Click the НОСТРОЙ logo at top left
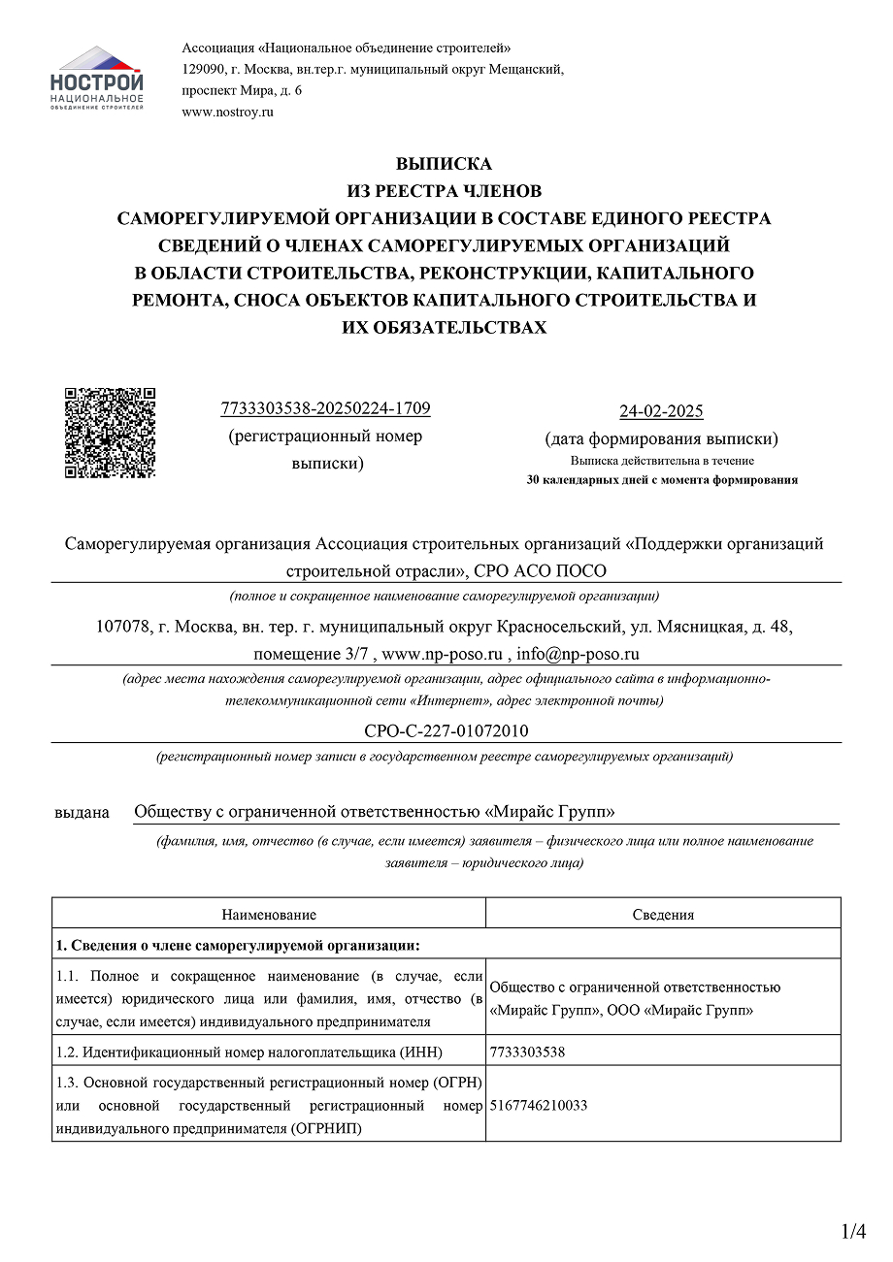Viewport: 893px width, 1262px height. [96, 78]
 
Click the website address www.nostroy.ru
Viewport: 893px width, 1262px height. [227, 112]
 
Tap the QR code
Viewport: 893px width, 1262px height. [110, 433]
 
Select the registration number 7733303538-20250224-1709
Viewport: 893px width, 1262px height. [325, 408]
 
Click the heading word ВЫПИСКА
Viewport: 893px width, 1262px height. [444, 164]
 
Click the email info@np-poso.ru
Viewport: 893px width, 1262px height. [578, 653]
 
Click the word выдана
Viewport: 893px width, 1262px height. [82, 812]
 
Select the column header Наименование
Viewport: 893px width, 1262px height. [269, 914]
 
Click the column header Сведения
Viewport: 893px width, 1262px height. [663, 914]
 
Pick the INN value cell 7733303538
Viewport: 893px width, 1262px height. [528, 1051]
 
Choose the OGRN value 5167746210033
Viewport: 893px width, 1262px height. [539, 1105]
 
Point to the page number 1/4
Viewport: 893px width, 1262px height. [854, 1231]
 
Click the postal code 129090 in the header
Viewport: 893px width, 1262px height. [205, 69]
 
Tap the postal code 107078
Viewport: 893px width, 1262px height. [123, 627]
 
